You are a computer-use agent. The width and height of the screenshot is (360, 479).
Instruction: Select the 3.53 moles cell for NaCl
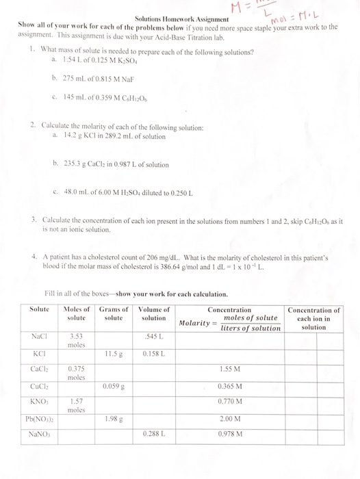coord(76,339)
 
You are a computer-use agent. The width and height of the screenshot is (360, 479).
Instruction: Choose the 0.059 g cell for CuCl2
coord(114,386)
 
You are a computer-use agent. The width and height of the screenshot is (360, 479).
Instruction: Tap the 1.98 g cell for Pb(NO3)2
coord(114,418)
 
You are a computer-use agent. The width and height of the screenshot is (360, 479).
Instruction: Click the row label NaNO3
coord(38,433)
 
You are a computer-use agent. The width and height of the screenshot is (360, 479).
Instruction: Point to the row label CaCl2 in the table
coord(38,369)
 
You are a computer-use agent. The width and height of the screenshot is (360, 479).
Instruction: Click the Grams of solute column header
coord(114,314)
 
